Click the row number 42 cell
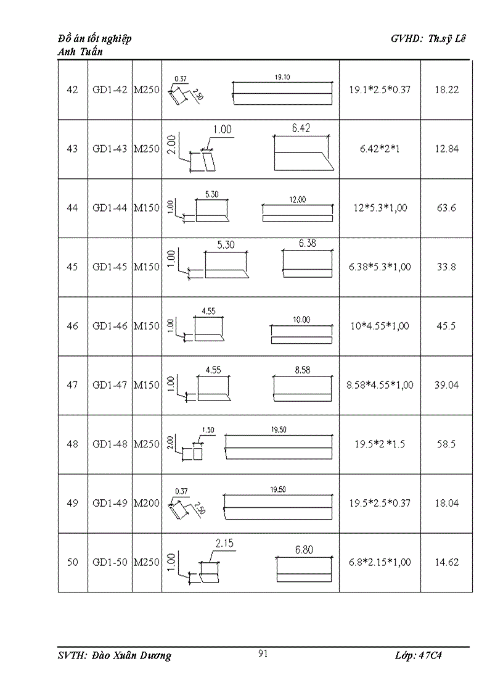pos(72,89)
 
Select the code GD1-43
pos(110,149)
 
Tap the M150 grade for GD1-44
pos(147,208)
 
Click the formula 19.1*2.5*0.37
pos(380,89)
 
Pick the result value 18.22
pos(446,89)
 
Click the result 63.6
pos(446,208)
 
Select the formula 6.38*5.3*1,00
pos(380,267)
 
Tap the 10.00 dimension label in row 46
pos(301,320)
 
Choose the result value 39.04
pos(446,385)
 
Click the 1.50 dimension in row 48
pos(208,430)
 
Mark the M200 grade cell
pos(147,503)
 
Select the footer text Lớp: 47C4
pos(419,655)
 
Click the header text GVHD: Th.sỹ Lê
pos(429,38)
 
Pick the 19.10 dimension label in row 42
pos(282,77)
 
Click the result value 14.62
pos(446,562)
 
